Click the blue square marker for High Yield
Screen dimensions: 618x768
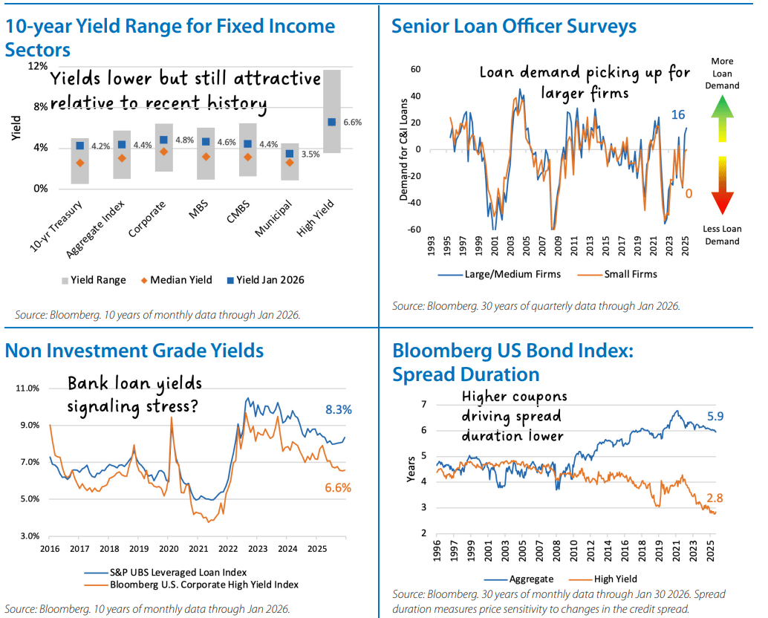[x=332, y=122]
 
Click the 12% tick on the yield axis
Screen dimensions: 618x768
[x=37, y=66]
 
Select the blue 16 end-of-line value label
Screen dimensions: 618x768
[x=677, y=114]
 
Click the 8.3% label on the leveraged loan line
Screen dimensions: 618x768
[x=338, y=409]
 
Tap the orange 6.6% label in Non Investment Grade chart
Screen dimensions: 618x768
[x=338, y=488]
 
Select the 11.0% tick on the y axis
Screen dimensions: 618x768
[x=27, y=388]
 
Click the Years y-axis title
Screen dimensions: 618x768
[x=411, y=470]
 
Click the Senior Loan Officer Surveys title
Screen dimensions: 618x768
[x=514, y=27]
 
